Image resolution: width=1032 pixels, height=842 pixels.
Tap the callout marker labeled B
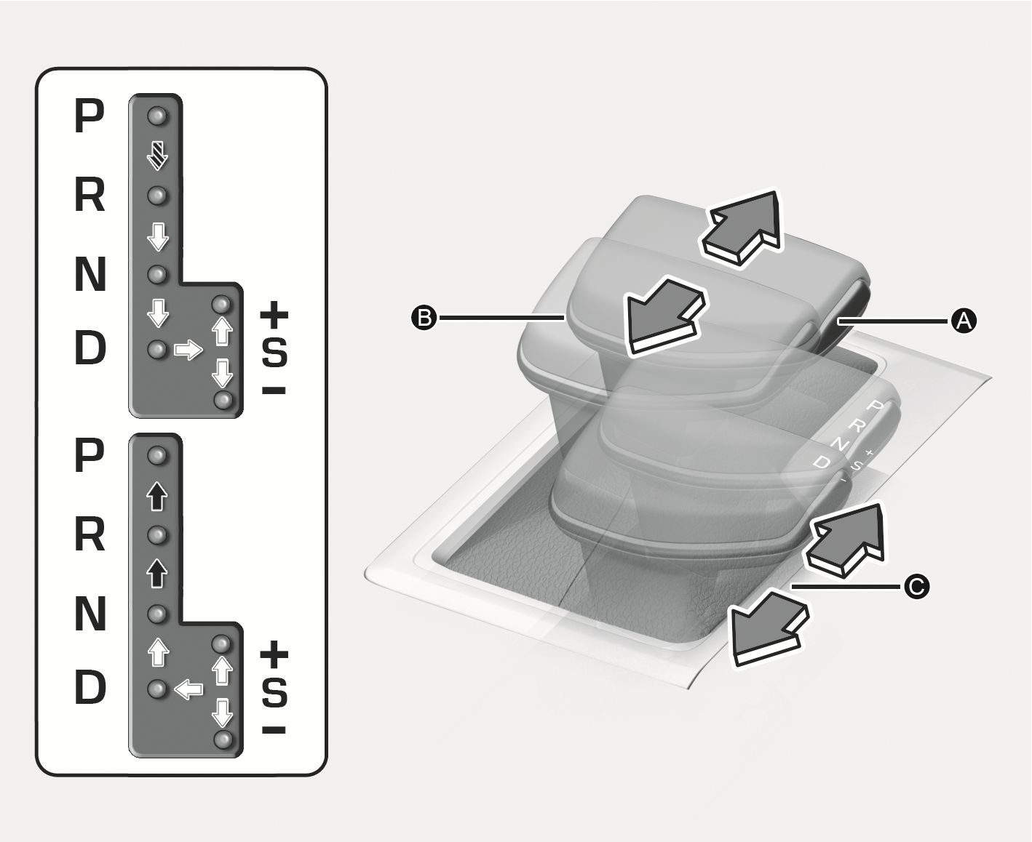[424, 317]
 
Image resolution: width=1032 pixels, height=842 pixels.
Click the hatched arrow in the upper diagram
[157, 156]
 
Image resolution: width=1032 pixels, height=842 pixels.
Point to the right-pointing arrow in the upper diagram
[188, 350]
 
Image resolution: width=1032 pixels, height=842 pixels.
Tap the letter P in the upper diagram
[90, 116]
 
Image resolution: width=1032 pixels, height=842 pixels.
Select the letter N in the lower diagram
[90, 614]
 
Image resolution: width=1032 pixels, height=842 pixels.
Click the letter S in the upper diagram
[274, 353]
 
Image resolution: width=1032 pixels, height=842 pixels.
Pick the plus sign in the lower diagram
[274, 654]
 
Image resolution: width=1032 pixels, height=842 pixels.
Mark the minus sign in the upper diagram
[274, 391]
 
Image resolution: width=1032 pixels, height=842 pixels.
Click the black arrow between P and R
[157, 497]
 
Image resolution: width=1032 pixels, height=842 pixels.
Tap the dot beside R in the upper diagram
[158, 196]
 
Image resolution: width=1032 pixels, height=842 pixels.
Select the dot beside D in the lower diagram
[158, 689]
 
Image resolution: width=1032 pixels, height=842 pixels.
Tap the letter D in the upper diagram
[90, 349]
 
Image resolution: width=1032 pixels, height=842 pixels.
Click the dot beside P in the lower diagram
[158, 456]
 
